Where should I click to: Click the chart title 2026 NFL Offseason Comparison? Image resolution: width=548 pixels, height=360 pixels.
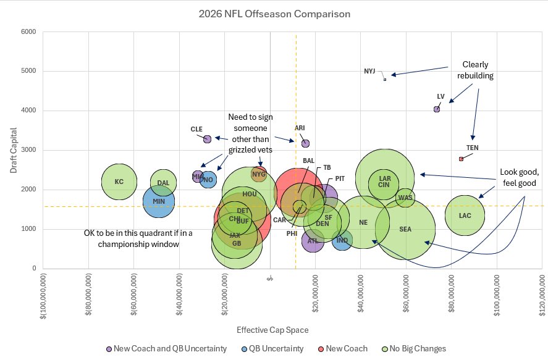(274, 14)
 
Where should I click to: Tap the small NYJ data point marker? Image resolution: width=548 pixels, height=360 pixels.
(384, 79)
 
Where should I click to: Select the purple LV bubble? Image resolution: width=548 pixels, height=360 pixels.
(437, 109)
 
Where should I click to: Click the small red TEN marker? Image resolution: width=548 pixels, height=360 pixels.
(461, 159)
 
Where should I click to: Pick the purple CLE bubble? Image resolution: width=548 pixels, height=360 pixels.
(207, 139)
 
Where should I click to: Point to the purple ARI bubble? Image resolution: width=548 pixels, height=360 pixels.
(305, 143)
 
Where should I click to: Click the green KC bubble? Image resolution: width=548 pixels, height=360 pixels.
(119, 182)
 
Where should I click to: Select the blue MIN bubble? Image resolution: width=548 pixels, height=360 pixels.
(159, 201)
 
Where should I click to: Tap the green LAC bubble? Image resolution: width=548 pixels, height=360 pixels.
(465, 216)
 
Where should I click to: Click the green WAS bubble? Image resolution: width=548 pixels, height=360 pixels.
(405, 198)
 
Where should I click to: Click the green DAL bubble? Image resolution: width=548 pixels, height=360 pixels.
(163, 183)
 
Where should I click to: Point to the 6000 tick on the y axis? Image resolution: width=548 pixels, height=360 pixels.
(28, 32)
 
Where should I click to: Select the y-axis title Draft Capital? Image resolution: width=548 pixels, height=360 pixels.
(13, 150)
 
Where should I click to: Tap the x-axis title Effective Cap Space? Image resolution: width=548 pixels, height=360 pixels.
(274, 330)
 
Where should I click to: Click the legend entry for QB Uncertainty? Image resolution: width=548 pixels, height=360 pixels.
(271, 349)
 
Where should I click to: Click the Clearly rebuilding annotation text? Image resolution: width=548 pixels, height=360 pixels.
(476, 70)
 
